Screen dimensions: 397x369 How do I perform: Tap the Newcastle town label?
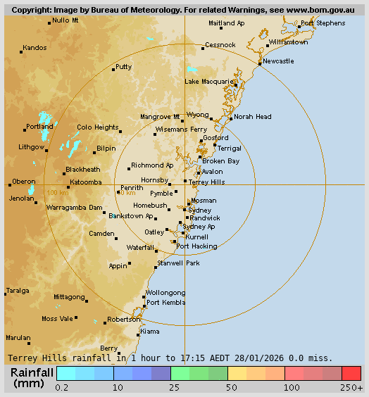pos(278,61)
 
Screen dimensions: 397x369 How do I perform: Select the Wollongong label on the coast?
pos(165,293)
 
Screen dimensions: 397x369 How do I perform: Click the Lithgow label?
pos(31,147)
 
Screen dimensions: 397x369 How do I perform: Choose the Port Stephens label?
pos(323,23)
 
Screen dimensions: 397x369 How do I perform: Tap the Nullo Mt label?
pos(65,20)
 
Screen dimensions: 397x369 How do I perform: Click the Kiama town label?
pos(150,331)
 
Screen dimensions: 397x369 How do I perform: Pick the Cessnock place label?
pos(220,45)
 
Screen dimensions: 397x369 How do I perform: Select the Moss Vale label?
pos(57,319)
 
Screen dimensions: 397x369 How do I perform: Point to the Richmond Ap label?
pos(152,165)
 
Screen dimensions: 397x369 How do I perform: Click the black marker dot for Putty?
pos(113,70)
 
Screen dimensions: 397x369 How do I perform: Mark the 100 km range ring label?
pos(58,193)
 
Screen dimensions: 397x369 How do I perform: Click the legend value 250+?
pos(352,388)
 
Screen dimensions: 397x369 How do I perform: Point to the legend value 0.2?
pos(62,388)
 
